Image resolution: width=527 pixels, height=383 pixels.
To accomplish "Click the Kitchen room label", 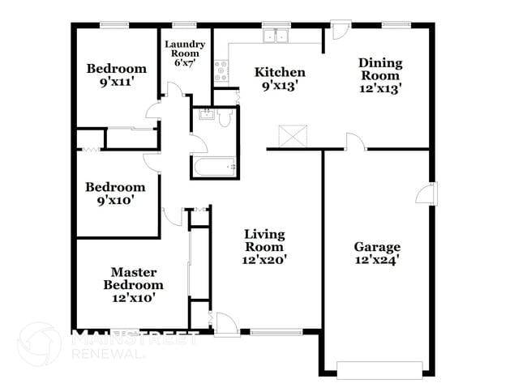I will coord(280,72).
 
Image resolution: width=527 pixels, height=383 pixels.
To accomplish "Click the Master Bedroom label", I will coord(134,279).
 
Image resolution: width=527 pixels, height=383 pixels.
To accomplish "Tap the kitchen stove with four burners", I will coord(221,71).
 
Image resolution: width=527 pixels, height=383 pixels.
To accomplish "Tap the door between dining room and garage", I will coord(354,143).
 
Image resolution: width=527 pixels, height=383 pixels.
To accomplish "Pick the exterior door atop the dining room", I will coord(340,32).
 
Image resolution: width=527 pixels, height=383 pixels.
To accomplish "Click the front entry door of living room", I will coord(226,326).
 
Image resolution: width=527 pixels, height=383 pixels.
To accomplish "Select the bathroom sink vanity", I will coord(204,117).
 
